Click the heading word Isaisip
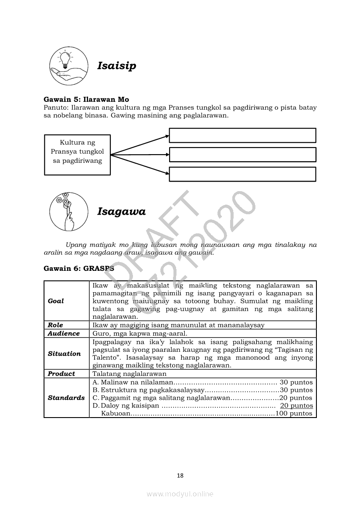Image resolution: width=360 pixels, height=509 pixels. [116, 66]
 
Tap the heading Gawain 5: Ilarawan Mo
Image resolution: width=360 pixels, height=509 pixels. [86, 100]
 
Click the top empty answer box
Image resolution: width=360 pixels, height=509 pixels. [242, 135]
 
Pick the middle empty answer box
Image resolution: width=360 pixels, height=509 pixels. [242, 155]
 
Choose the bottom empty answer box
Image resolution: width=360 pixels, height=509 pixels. [242, 174]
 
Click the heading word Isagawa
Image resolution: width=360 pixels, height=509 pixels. [121, 212]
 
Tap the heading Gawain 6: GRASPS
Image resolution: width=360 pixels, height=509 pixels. [76, 269]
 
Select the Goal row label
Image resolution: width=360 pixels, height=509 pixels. [56, 301]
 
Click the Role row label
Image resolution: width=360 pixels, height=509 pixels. [55, 325]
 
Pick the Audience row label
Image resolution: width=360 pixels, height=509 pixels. [64, 334]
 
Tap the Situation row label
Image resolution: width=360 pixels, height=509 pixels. [64, 354]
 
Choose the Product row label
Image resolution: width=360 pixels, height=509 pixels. [61, 374]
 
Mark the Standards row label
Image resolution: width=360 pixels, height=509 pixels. [66, 398]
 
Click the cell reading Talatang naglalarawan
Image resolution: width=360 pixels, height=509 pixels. [129, 374]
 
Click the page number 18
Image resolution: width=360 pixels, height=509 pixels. [180, 475]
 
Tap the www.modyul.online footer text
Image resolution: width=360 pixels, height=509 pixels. [180, 494]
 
